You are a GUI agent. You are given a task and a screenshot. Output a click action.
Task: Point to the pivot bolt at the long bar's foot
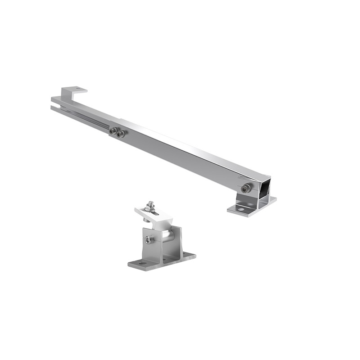246,189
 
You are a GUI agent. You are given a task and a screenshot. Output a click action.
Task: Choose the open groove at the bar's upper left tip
55,107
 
